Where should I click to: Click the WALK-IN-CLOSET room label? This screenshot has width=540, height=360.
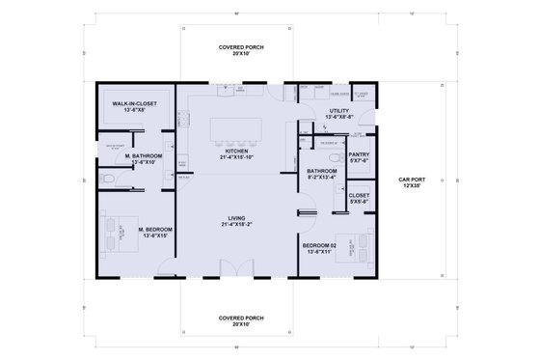[134, 103]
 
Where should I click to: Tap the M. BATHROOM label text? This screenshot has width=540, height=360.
[144, 155]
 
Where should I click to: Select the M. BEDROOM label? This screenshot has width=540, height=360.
[134, 229]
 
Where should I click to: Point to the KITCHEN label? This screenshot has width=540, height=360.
[237, 152]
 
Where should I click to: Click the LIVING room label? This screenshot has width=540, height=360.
[237, 218]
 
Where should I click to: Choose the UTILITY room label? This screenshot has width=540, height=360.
[337, 111]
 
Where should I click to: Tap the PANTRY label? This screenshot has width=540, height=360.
[358, 154]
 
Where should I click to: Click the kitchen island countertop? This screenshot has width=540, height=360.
[237, 128]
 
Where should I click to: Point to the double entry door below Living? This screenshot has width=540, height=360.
[231, 267]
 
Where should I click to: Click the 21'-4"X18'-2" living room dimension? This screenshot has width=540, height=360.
[237, 225]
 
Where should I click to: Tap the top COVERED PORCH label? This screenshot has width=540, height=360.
[241, 47]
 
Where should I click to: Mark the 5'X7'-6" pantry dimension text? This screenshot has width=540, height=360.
[358, 161]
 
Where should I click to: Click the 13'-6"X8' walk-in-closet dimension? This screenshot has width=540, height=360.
[134, 110]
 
